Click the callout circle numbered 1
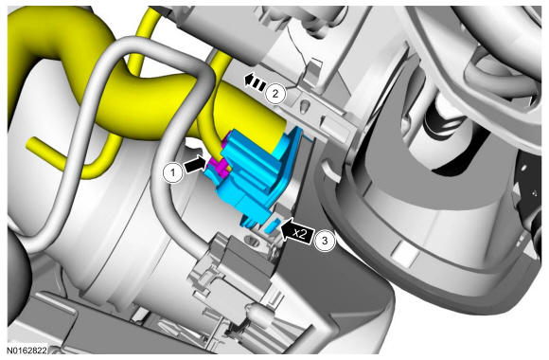coord(172,172)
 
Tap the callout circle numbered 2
coord(275,94)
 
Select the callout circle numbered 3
coord(325,241)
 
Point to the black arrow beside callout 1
coord(196,165)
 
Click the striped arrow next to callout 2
coord(255,82)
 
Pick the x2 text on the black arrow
coord(299,233)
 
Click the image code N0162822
coord(27,350)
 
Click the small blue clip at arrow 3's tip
coord(273,225)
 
